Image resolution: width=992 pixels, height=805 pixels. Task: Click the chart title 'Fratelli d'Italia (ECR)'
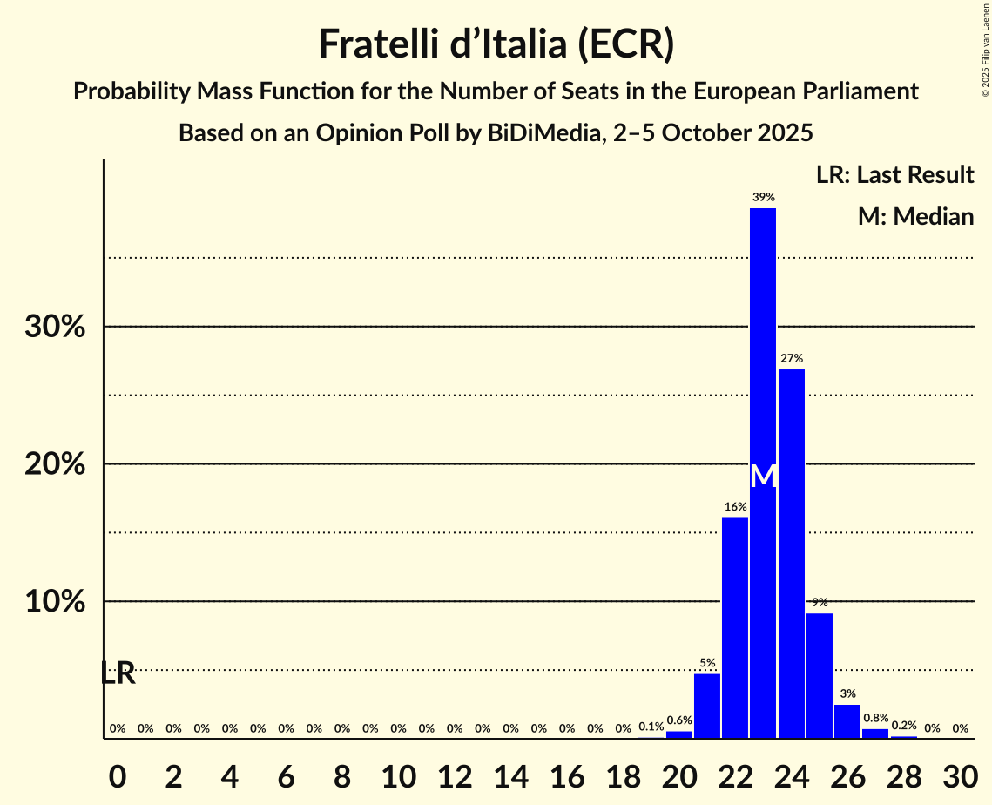[496, 44]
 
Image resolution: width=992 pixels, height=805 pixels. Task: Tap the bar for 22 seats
[735, 627]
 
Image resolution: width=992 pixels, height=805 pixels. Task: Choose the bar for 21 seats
[707, 706]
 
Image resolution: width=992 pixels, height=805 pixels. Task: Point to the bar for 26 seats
[847, 721]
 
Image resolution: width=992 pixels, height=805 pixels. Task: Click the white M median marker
[763, 476]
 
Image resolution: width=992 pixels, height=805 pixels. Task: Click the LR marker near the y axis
[118, 673]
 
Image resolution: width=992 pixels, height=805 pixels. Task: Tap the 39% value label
[763, 198]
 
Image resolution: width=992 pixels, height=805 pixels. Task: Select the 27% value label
[791, 358]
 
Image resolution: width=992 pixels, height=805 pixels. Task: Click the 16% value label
[735, 507]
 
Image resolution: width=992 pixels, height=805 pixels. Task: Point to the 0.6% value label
[679, 720]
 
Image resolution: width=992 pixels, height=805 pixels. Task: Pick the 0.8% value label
[875, 719]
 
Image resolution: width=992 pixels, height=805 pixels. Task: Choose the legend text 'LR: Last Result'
[894, 175]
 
